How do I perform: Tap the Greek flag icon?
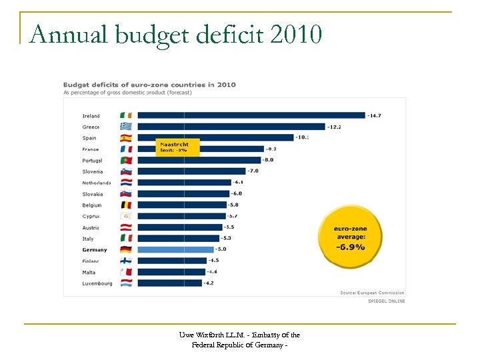click(126, 127)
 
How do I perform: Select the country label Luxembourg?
click(97, 283)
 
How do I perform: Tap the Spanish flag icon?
click(126, 138)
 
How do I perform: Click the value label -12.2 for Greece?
click(335, 127)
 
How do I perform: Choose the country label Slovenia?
click(93, 171)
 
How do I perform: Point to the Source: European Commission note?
click(372, 293)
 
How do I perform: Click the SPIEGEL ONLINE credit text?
click(387, 301)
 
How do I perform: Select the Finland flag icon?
click(126, 261)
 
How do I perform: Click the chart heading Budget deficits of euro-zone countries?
click(149, 85)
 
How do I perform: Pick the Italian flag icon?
click(126, 238)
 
